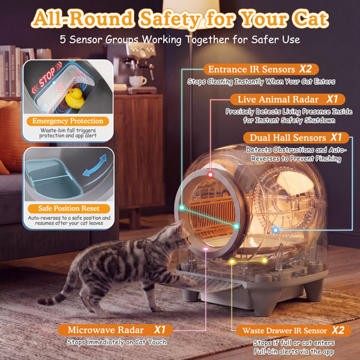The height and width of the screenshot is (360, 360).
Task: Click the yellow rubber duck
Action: pos(74,98)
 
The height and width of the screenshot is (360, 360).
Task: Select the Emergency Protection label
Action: pos(68,121)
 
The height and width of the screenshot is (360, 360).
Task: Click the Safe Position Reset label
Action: pos(68,208)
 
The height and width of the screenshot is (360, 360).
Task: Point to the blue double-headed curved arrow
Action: pos(95,166)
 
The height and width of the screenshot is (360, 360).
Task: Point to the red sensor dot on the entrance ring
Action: pos(210,175)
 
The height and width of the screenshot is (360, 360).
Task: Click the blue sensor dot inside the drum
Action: pos(275,230)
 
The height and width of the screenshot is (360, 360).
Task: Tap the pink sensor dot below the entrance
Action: pos(205,249)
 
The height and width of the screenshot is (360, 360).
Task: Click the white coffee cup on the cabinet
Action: pos(137,81)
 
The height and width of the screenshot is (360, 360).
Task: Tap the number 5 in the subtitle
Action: pos(62,40)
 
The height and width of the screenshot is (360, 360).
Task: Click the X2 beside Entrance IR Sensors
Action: pos(305,69)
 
